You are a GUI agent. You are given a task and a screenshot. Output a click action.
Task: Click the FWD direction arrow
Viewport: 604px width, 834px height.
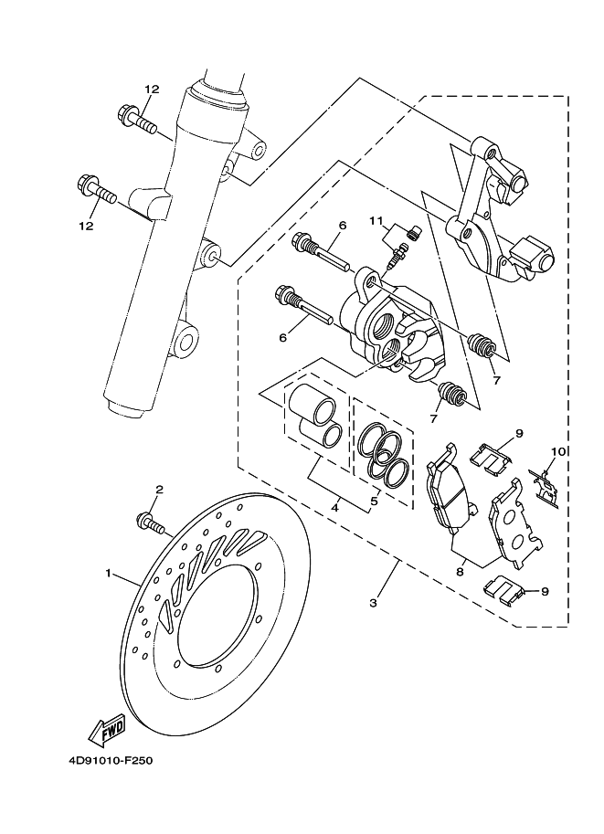tap(107, 729)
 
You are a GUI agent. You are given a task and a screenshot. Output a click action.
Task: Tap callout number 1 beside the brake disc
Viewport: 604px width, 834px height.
tap(108, 574)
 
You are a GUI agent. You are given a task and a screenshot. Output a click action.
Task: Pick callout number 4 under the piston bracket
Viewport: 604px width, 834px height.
tap(336, 505)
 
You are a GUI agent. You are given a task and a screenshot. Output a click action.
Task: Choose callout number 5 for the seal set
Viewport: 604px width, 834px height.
tap(373, 501)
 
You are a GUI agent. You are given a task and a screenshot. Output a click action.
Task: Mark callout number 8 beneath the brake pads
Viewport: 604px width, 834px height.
tap(460, 571)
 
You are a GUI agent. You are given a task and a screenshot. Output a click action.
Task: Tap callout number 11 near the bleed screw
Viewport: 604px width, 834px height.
tap(375, 220)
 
